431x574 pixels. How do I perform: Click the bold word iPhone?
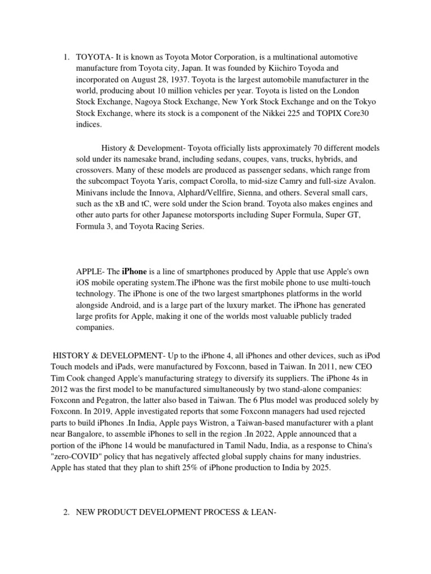[134, 271]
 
